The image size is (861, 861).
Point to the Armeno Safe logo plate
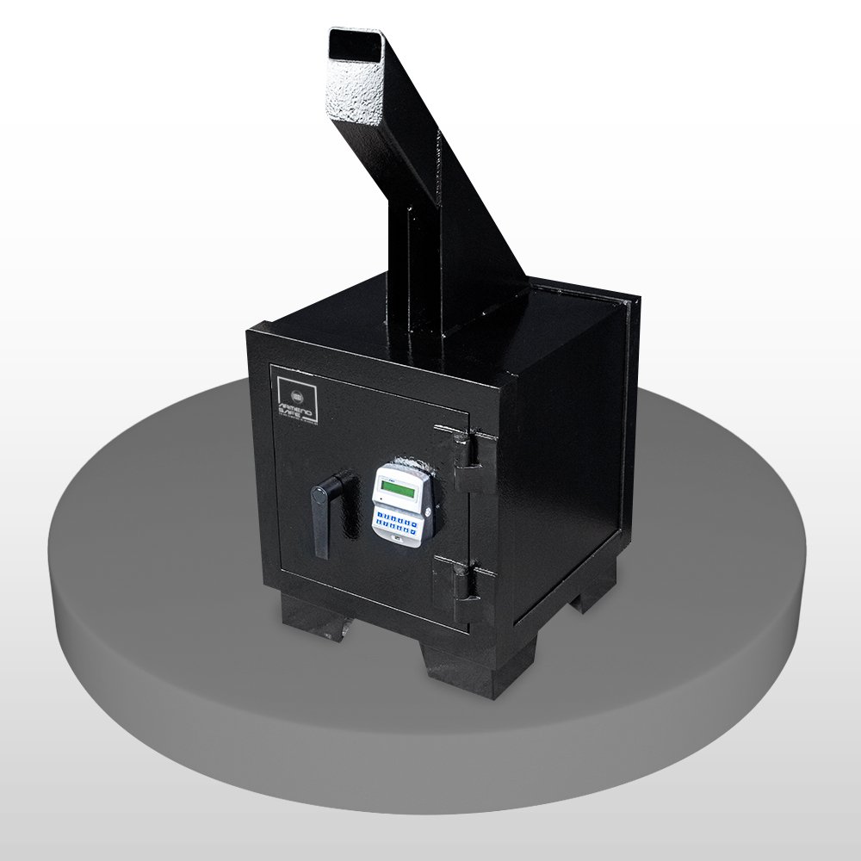(x=295, y=395)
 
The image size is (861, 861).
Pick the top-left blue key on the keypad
(x=380, y=517)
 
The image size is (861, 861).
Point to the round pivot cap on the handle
(x=319, y=493)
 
